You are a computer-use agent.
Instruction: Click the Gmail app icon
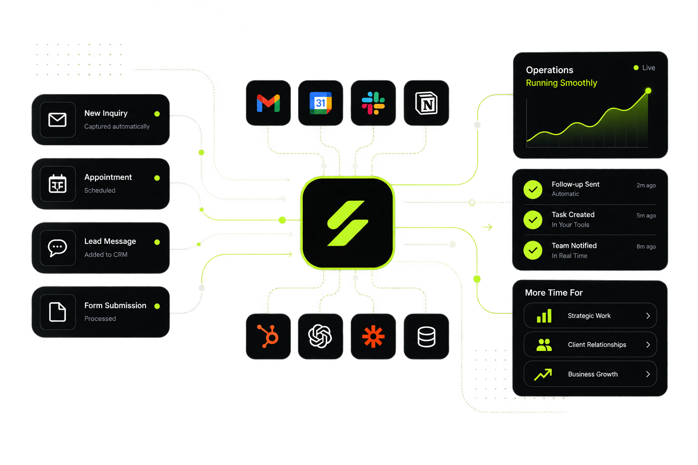click(268, 103)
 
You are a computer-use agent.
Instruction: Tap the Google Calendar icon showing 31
click(320, 103)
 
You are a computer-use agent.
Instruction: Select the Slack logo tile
click(373, 103)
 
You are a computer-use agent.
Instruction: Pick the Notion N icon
click(426, 103)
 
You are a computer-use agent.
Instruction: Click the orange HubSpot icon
click(268, 336)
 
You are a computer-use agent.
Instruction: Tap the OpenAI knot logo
click(320, 336)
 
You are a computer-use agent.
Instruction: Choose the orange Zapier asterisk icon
click(373, 336)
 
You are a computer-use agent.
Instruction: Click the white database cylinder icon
click(426, 336)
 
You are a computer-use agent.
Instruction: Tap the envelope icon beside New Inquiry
click(58, 119)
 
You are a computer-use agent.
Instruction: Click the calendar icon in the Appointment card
click(58, 184)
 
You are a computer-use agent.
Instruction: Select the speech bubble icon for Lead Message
click(57, 248)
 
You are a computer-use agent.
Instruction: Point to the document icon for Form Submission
click(58, 312)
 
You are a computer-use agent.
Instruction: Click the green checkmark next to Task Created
click(533, 220)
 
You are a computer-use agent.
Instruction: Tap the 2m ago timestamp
click(646, 185)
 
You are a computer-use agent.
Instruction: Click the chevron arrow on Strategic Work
click(648, 316)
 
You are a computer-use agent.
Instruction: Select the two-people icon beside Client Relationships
click(544, 345)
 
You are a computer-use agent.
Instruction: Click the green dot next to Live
click(636, 68)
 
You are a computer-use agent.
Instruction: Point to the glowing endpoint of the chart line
click(648, 91)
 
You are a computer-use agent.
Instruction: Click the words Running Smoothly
click(562, 83)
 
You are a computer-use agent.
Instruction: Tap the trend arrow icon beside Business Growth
click(543, 374)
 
